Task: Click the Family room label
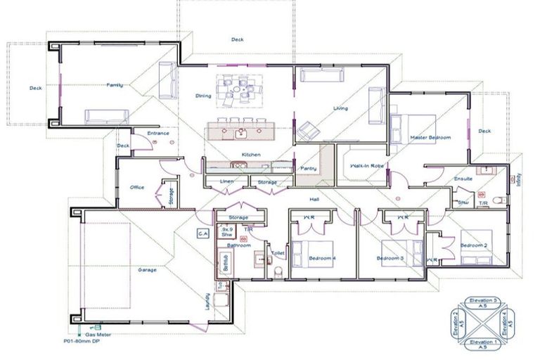tap(115, 85)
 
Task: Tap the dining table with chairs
tap(238, 91)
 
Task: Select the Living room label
tap(341, 108)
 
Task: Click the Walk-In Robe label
tap(361, 167)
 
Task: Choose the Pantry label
tap(308, 169)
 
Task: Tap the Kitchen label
tap(251, 154)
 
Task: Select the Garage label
tap(147, 269)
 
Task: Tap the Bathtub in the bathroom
tap(226, 262)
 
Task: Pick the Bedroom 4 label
tap(322, 259)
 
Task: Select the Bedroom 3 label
tap(390, 259)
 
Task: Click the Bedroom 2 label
tap(474, 245)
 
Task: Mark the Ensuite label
tap(463, 179)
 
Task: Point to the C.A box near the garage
tap(202, 233)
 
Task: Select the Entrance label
tap(157, 133)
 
